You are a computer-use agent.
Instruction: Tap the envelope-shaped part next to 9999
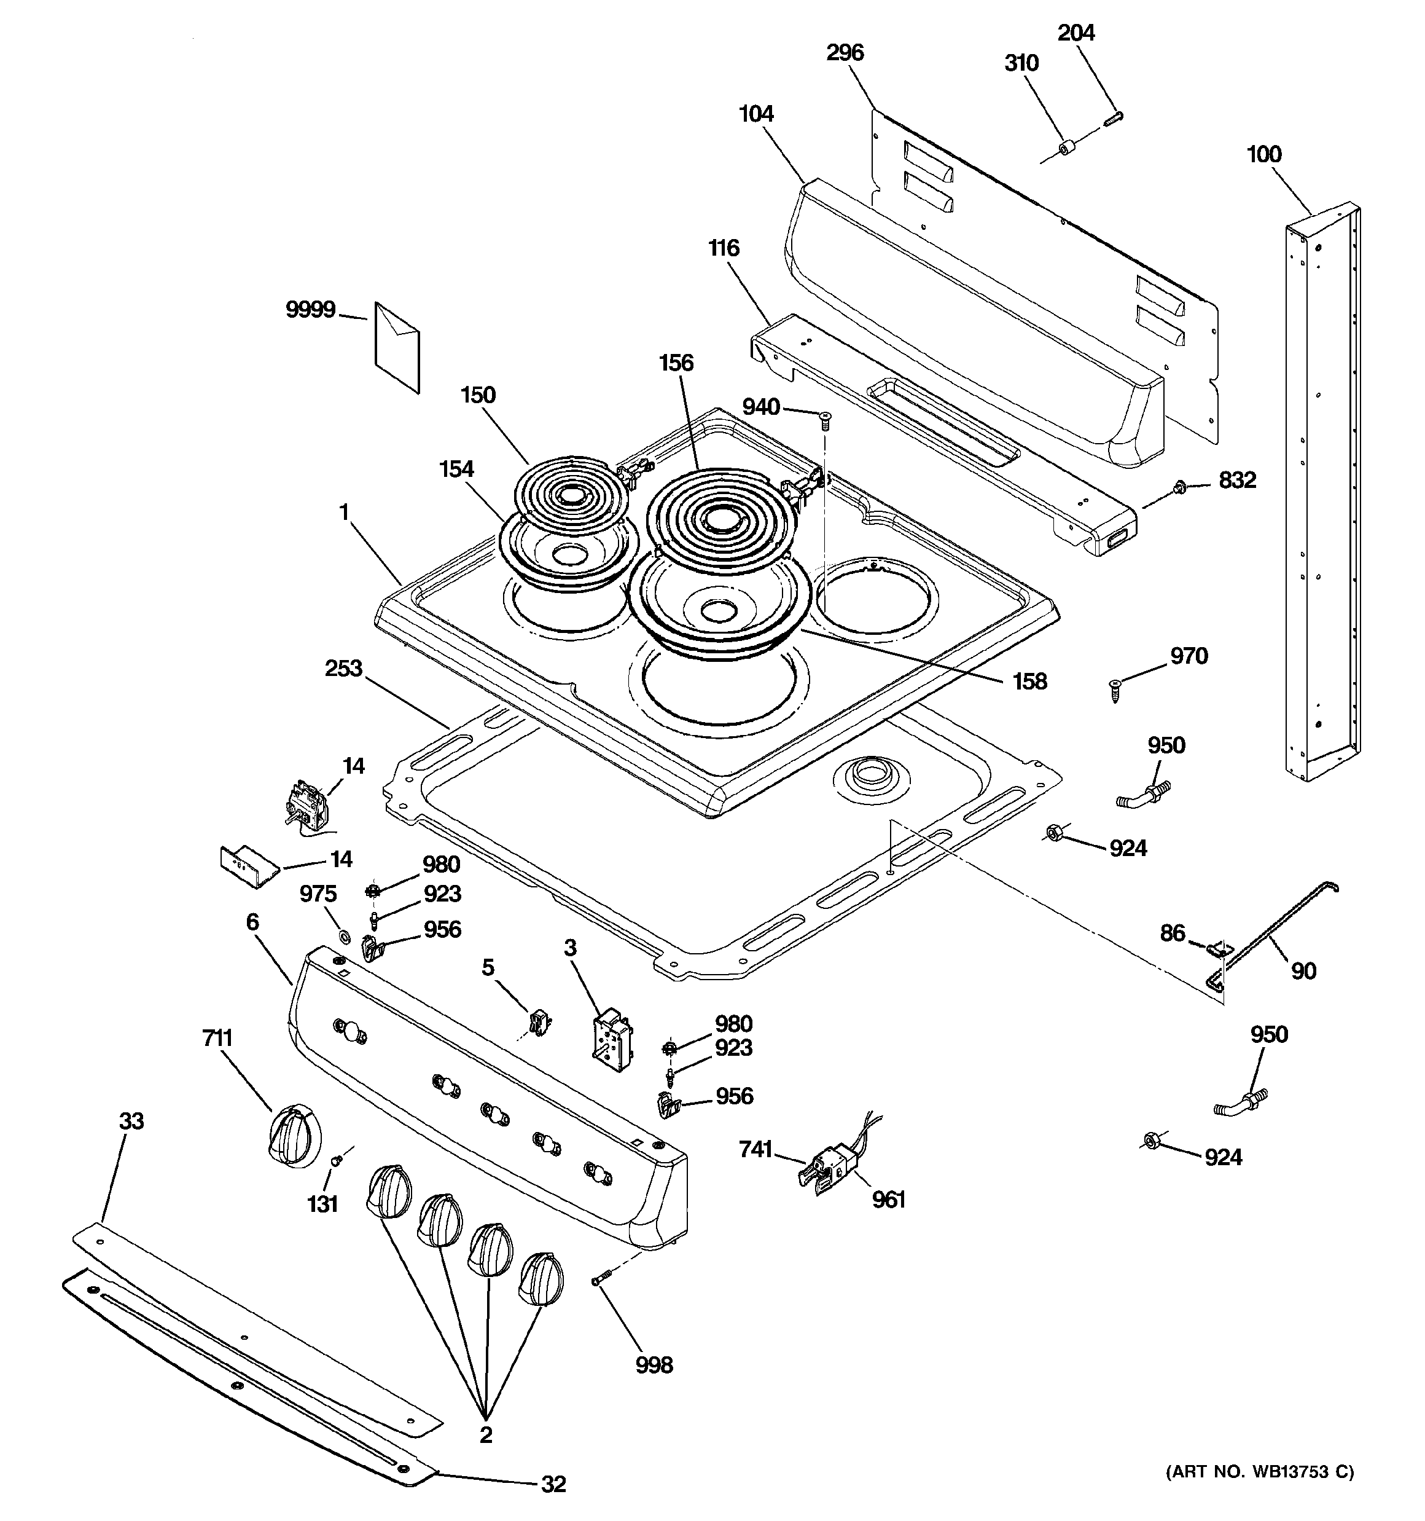pos(397,347)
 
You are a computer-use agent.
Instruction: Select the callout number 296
pos(845,53)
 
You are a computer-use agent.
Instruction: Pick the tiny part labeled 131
pos(335,1161)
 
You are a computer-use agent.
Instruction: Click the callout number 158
pos(1029,681)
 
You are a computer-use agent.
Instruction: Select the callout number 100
pos(1263,154)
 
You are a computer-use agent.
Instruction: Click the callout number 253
pos(343,668)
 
